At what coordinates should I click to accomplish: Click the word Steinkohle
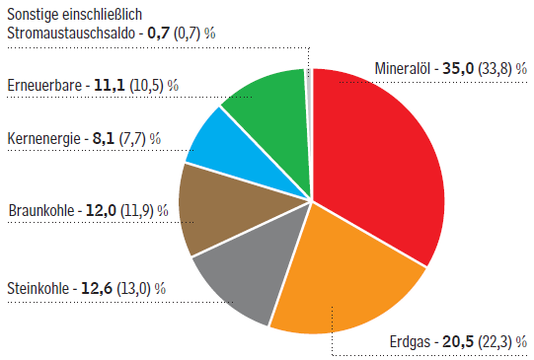click(x=39, y=289)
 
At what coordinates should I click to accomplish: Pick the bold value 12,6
click(x=95, y=289)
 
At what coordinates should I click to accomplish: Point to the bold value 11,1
click(x=109, y=85)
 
